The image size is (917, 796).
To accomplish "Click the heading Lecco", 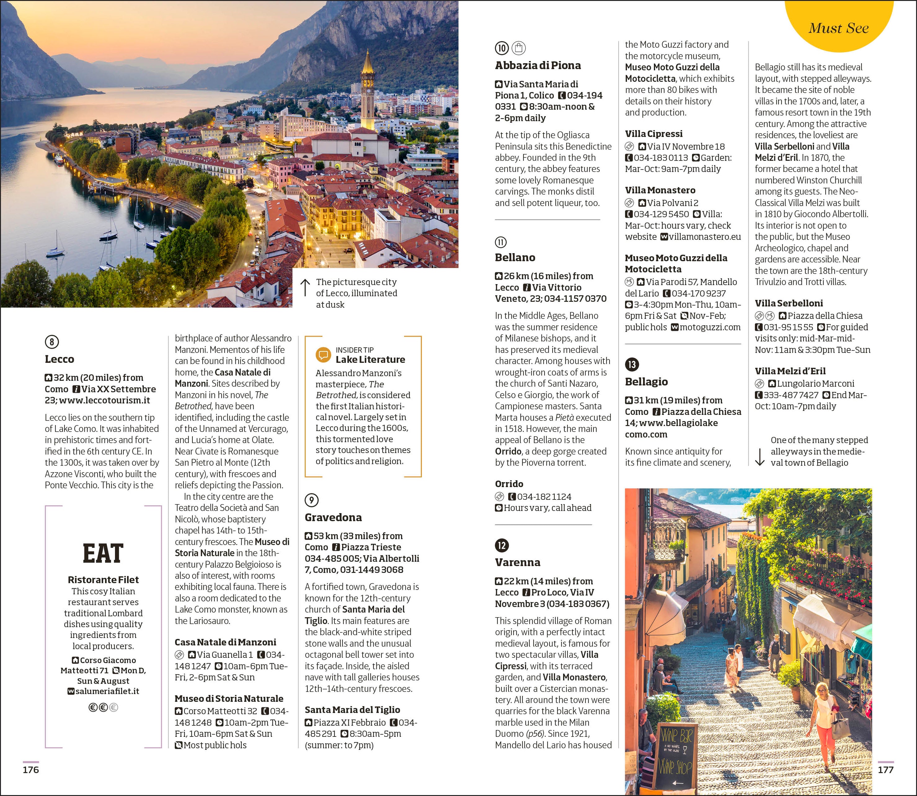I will (x=60, y=359).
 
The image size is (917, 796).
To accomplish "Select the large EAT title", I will (x=103, y=553).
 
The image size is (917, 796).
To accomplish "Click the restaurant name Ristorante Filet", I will (x=103, y=580).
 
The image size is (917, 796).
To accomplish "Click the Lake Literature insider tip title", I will (x=370, y=359).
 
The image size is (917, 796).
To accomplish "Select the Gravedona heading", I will (x=333, y=517).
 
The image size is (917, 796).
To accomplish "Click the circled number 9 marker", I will (x=311, y=500).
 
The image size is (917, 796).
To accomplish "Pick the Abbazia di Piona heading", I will (x=538, y=65).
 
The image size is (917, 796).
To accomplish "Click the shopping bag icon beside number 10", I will (x=518, y=47).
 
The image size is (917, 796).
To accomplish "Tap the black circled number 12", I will (x=502, y=545).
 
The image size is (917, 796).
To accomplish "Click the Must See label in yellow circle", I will (x=838, y=28).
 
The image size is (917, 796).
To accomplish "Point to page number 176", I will (x=31, y=770).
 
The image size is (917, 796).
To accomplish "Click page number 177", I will (x=885, y=770).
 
